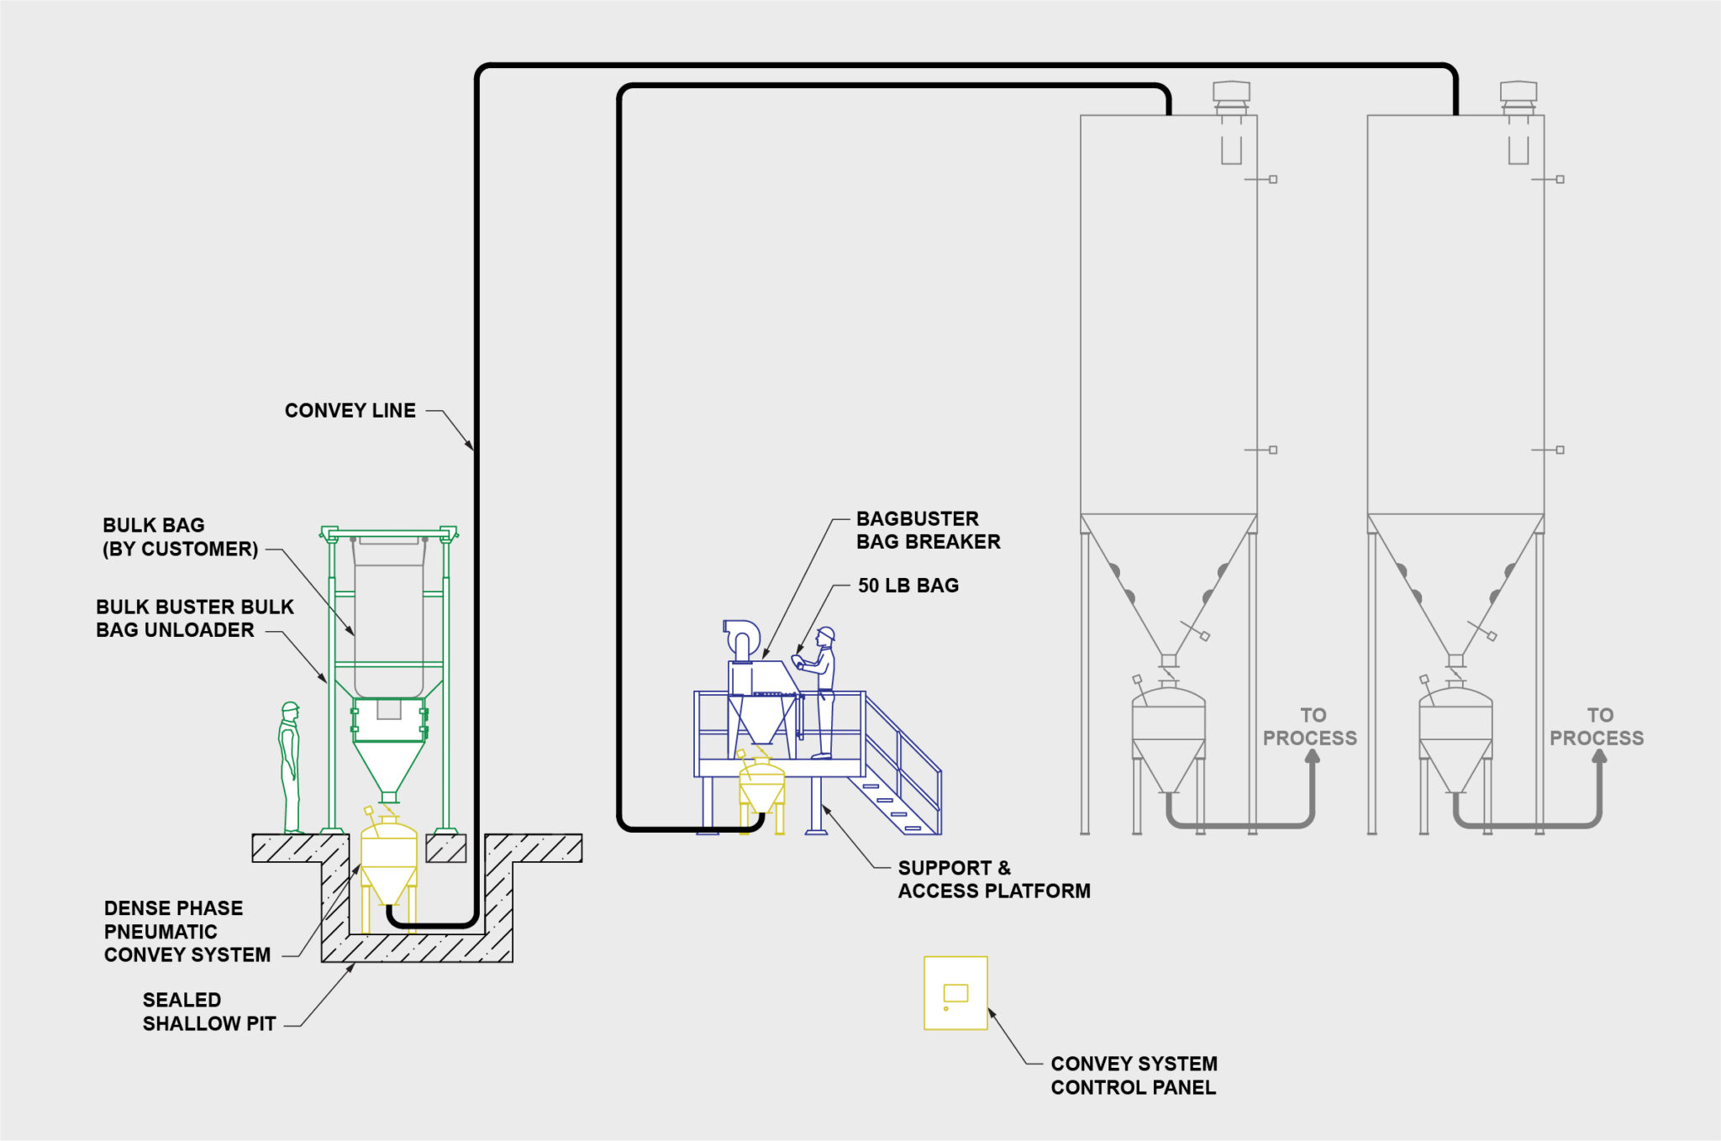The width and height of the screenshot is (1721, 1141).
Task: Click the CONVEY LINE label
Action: [x=350, y=411]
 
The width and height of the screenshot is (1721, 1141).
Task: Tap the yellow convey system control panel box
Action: [x=955, y=993]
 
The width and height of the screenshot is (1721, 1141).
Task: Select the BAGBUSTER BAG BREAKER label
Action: [x=928, y=530]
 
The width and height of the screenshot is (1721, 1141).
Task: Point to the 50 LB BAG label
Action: [x=908, y=586]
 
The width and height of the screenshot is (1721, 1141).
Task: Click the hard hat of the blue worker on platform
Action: [x=826, y=633]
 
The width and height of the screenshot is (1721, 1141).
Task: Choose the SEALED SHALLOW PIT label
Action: [x=208, y=1012]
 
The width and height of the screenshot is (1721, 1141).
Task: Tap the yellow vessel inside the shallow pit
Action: [x=389, y=861]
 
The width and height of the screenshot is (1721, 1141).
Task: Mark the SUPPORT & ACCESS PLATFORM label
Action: [x=993, y=879]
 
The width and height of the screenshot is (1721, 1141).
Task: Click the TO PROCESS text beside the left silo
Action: [x=1309, y=727]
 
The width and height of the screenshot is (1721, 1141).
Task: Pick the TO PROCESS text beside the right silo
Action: [x=1596, y=727]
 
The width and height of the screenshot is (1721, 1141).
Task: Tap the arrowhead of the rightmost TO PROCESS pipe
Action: [x=1599, y=755]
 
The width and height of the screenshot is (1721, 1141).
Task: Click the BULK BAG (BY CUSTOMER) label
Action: [x=180, y=537]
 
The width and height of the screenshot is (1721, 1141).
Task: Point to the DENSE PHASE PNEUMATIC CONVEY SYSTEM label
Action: [x=187, y=931]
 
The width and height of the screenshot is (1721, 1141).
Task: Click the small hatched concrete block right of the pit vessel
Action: [x=446, y=849]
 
